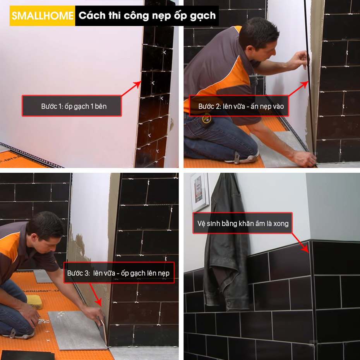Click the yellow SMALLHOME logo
pos(42,15)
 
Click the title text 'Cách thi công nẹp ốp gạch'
pos(147,15)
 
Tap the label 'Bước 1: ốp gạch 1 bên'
pos(74,106)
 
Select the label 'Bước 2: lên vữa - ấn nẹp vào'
pos(241,106)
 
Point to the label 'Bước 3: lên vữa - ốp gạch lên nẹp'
pos(118,273)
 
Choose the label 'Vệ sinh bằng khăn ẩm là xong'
pos(243,223)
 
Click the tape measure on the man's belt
pos(206,119)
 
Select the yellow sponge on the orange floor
pos(34,302)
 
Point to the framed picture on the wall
pos(199,192)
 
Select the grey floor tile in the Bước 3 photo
pos(77,330)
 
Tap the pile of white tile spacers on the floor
pos(44,321)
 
